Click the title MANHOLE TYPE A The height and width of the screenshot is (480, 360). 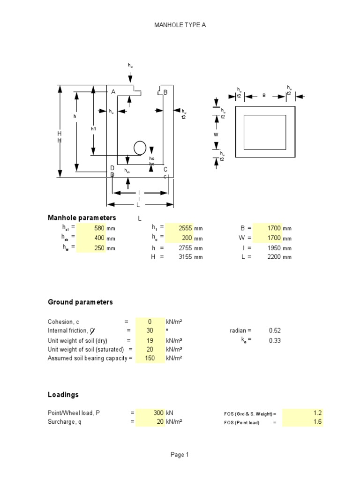point(180,25)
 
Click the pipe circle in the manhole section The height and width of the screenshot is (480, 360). point(140,148)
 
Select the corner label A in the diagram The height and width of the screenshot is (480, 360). point(113,92)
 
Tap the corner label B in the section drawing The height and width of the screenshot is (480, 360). point(165,92)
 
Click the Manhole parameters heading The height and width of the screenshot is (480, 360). point(82,217)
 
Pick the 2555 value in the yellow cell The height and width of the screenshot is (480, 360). point(186,228)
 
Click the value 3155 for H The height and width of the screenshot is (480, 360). point(186,257)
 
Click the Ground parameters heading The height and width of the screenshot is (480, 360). point(80,302)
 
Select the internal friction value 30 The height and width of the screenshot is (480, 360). point(150,330)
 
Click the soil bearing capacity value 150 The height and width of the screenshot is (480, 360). point(150,358)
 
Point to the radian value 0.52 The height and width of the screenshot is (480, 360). point(275,330)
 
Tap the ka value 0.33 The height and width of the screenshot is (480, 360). point(275,340)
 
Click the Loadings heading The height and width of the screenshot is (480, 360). point(63,395)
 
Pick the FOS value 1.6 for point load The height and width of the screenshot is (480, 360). point(317,422)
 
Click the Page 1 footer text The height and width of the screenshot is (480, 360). point(180,454)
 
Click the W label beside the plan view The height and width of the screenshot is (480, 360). point(216,134)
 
